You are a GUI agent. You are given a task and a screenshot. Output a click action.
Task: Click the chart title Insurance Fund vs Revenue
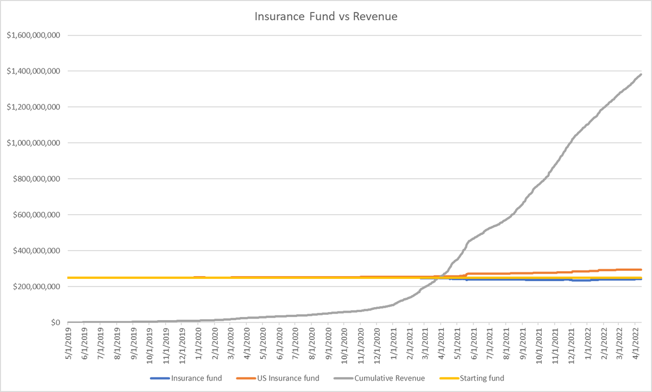coord(326,16)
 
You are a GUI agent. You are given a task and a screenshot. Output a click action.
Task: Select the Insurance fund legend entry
coord(196,378)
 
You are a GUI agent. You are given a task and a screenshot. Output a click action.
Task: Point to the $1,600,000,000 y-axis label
coord(33,35)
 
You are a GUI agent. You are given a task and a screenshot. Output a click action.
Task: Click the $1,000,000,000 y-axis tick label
coord(33,143)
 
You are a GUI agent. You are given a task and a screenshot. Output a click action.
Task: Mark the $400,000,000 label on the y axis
coord(36,251)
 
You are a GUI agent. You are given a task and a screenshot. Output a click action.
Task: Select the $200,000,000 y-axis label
coord(36,287)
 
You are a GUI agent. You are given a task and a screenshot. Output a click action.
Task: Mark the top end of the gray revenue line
coord(642,74)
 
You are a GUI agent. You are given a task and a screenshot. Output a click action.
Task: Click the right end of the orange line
coord(642,269)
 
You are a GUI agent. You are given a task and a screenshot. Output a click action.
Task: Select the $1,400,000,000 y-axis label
coord(33,71)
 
